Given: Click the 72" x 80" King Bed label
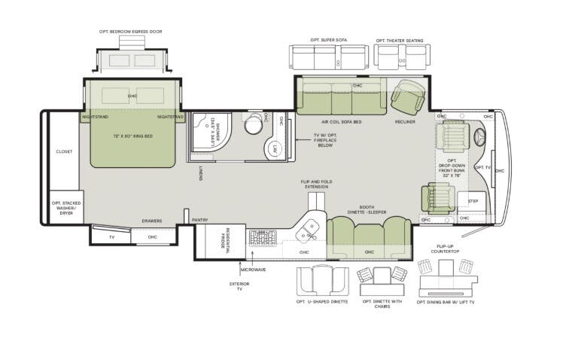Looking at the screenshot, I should point(133,136).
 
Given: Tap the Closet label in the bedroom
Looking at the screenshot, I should point(64,151).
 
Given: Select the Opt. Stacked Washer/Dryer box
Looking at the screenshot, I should point(66,207).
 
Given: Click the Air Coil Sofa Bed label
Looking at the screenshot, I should point(340,121).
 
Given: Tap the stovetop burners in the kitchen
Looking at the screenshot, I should point(263,238).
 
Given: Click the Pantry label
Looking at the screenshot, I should point(199,220).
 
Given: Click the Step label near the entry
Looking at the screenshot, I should point(473,201).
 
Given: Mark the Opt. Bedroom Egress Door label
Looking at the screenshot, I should point(130,32).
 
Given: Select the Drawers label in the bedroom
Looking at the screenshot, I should point(152,221).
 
